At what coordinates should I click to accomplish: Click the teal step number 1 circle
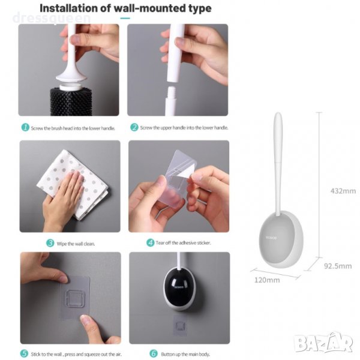pyautogui.click(x=25, y=127)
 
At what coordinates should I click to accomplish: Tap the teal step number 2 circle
pyautogui.click(x=134, y=127)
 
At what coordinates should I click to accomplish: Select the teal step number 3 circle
pyautogui.click(x=50, y=243)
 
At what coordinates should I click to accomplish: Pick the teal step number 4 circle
pyautogui.click(x=151, y=242)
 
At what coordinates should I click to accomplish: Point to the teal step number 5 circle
pyautogui.click(x=25, y=353)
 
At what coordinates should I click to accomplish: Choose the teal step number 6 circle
pyautogui.click(x=154, y=353)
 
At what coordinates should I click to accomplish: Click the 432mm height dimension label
pyautogui.click(x=343, y=191)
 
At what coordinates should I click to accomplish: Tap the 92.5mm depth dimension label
pyautogui.click(x=338, y=266)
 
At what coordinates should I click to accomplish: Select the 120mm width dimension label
pyautogui.click(x=267, y=280)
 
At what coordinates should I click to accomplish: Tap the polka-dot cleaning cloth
pyautogui.click(x=73, y=185)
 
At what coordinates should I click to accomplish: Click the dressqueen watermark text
pyautogui.click(x=52, y=19)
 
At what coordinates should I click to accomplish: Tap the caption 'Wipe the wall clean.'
pyautogui.click(x=76, y=244)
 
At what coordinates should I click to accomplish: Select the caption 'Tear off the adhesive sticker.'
pyautogui.click(x=183, y=242)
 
